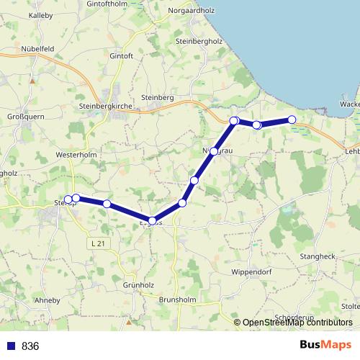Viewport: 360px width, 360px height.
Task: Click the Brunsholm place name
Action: point(178,299)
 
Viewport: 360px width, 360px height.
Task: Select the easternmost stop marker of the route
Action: point(292,120)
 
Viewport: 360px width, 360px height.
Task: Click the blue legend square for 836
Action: point(11,346)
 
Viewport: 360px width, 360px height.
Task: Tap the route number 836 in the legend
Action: point(30,346)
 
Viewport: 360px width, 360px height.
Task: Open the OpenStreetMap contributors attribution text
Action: point(297,323)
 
